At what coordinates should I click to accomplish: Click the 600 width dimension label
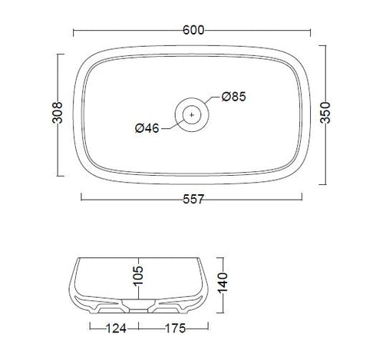(x=193, y=30)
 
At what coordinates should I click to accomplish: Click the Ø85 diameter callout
(x=233, y=97)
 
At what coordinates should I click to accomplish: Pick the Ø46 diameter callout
(x=146, y=128)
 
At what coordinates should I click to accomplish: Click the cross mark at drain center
(x=192, y=114)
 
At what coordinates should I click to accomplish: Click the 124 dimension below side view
(x=117, y=329)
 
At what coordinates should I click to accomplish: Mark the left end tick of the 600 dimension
(x=73, y=31)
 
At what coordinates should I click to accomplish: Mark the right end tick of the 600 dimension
(x=310, y=31)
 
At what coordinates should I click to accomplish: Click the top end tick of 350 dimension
(x=325, y=45)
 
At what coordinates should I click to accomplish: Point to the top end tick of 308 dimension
(x=58, y=54)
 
